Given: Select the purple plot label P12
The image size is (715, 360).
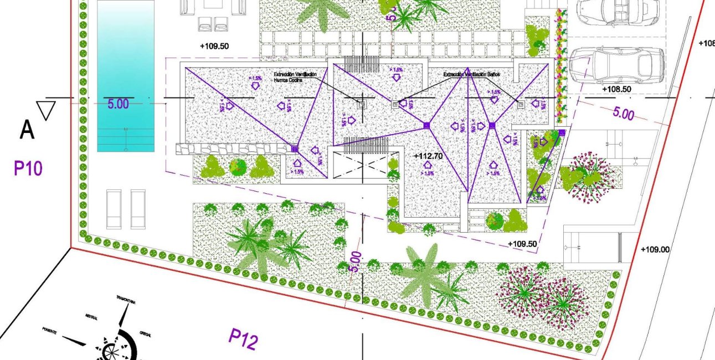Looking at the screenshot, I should (243, 339).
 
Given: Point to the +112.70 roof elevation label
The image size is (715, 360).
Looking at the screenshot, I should (428, 156).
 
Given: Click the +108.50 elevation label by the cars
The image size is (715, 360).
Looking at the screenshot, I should (616, 89).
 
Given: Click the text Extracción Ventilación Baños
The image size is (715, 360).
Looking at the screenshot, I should (472, 74).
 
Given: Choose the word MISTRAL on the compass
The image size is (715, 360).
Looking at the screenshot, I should (91, 318).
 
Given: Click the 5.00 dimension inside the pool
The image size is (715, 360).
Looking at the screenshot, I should (118, 104).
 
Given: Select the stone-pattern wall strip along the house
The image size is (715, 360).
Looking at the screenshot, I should (233, 148).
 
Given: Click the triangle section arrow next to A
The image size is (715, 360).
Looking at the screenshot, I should (45, 110).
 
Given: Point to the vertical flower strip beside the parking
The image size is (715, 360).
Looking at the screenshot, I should (561, 66).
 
